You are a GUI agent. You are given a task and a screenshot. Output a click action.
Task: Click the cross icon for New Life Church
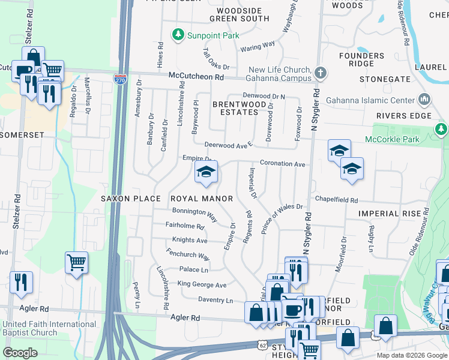pos(321,73)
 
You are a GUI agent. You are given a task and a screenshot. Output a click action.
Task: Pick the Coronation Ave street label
pos(283,163)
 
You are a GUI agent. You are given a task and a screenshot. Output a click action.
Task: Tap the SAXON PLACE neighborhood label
pos(130,199)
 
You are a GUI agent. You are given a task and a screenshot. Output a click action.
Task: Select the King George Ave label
pos(202,284)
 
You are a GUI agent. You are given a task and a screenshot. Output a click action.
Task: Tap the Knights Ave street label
pos(190,241)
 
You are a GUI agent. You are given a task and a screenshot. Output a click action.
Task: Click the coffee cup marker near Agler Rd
pos(293,310)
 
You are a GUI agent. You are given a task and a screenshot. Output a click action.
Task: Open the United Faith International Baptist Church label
pos(41,328)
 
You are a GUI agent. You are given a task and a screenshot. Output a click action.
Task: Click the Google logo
pos(20,353)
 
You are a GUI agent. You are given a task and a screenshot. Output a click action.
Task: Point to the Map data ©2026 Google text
pos(412,355)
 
